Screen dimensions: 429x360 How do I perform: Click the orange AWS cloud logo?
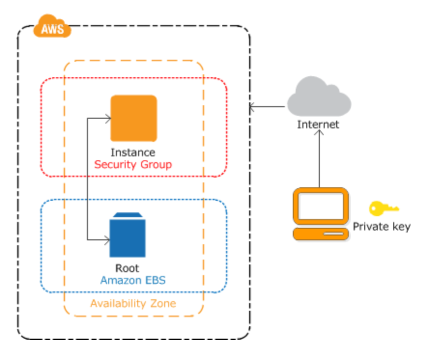(x=52, y=26)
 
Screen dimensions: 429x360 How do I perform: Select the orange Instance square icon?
(x=133, y=118)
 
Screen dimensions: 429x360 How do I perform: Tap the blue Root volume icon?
(x=128, y=235)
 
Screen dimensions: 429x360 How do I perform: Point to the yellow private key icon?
(x=384, y=208)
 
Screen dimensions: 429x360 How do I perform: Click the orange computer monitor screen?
(x=321, y=206)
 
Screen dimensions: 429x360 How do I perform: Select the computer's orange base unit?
(x=321, y=234)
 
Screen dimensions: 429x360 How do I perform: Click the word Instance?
(x=133, y=152)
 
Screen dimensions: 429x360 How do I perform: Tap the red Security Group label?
(x=133, y=165)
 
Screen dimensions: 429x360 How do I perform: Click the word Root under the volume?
(x=127, y=268)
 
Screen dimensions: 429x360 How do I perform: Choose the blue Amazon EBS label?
(x=133, y=280)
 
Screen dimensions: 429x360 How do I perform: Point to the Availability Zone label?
(x=133, y=304)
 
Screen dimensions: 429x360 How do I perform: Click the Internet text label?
(x=318, y=125)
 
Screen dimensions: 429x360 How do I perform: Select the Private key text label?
(x=382, y=227)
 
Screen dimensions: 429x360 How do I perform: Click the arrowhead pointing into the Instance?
(x=108, y=118)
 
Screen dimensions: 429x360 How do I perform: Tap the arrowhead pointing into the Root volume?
(x=107, y=240)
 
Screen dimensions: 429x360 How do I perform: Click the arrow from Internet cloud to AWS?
(x=267, y=107)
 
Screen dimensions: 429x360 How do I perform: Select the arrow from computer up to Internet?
(x=319, y=159)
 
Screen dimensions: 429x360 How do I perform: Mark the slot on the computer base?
(x=333, y=234)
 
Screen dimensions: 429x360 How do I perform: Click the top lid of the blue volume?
(x=128, y=215)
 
